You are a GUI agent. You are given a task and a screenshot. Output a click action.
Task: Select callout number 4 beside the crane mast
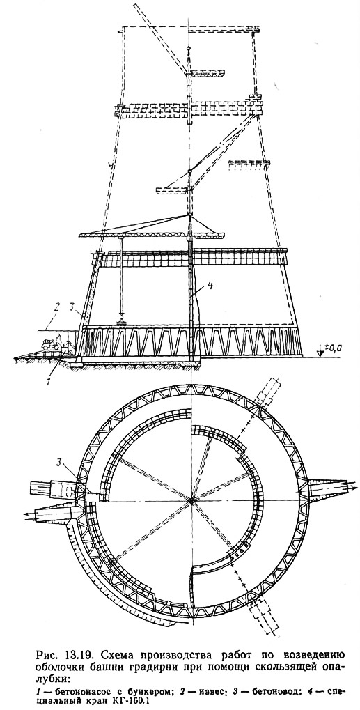pos(197,285)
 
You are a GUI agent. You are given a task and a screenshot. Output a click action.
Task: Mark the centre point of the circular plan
pos(191,500)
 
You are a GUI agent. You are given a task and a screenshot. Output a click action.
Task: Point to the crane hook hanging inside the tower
pos(121,323)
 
